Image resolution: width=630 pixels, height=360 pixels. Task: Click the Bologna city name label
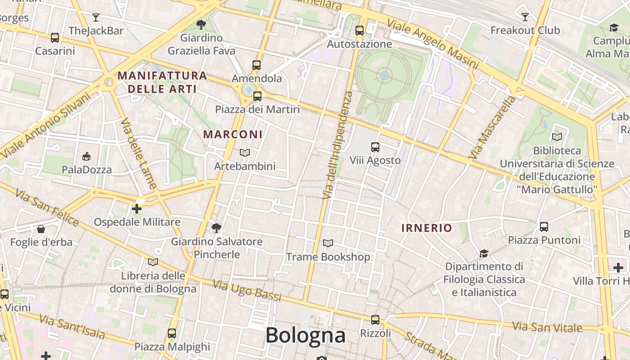(x=306, y=335)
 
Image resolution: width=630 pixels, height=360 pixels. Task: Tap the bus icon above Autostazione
(x=359, y=31)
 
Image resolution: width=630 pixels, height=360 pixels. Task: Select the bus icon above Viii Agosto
(x=375, y=147)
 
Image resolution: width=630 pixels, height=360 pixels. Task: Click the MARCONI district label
(x=233, y=134)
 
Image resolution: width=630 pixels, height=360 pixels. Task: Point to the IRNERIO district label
(x=427, y=228)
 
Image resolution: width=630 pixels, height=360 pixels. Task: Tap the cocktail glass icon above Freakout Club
(x=525, y=17)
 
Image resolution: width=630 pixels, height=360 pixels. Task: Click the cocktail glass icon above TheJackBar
(x=95, y=18)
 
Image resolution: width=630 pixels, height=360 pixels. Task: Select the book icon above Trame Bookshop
(x=328, y=243)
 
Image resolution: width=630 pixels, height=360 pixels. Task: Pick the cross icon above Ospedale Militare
(x=137, y=208)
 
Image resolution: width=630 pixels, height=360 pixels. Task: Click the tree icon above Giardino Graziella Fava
(x=201, y=25)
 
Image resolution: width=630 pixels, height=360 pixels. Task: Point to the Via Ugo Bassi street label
(x=247, y=291)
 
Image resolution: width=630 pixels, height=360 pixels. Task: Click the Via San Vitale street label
(x=547, y=326)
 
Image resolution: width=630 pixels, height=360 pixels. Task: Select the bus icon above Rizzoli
(x=375, y=320)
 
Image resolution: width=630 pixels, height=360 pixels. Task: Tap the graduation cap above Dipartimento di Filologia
(x=484, y=253)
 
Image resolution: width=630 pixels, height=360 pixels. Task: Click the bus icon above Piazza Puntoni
(x=544, y=226)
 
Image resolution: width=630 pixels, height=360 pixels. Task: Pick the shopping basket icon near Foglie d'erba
(x=41, y=229)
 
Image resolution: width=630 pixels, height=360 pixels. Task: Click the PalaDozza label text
(x=87, y=170)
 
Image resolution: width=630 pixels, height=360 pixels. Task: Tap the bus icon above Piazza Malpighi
(x=172, y=333)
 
